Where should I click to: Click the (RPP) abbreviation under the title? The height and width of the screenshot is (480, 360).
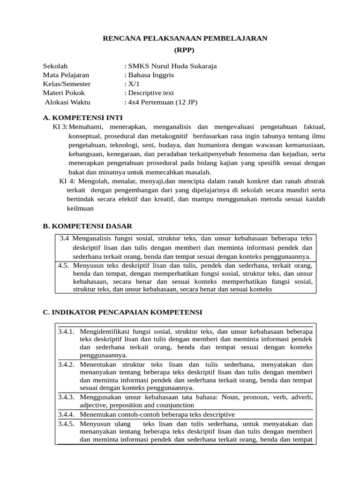(184, 50)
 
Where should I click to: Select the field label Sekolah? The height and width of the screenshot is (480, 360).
(55, 66)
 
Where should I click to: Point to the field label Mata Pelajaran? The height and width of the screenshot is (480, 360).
(66, 75)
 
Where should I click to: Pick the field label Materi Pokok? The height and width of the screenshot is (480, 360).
(64, 93)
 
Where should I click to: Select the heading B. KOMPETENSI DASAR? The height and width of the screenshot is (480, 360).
(88, 226)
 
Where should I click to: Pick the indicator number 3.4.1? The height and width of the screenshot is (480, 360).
(67, 331)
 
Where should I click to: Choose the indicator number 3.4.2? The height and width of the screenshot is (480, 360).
(67, 364)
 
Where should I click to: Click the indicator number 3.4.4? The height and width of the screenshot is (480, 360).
(67, 414)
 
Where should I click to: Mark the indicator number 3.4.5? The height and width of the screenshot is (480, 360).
(67, 424)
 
